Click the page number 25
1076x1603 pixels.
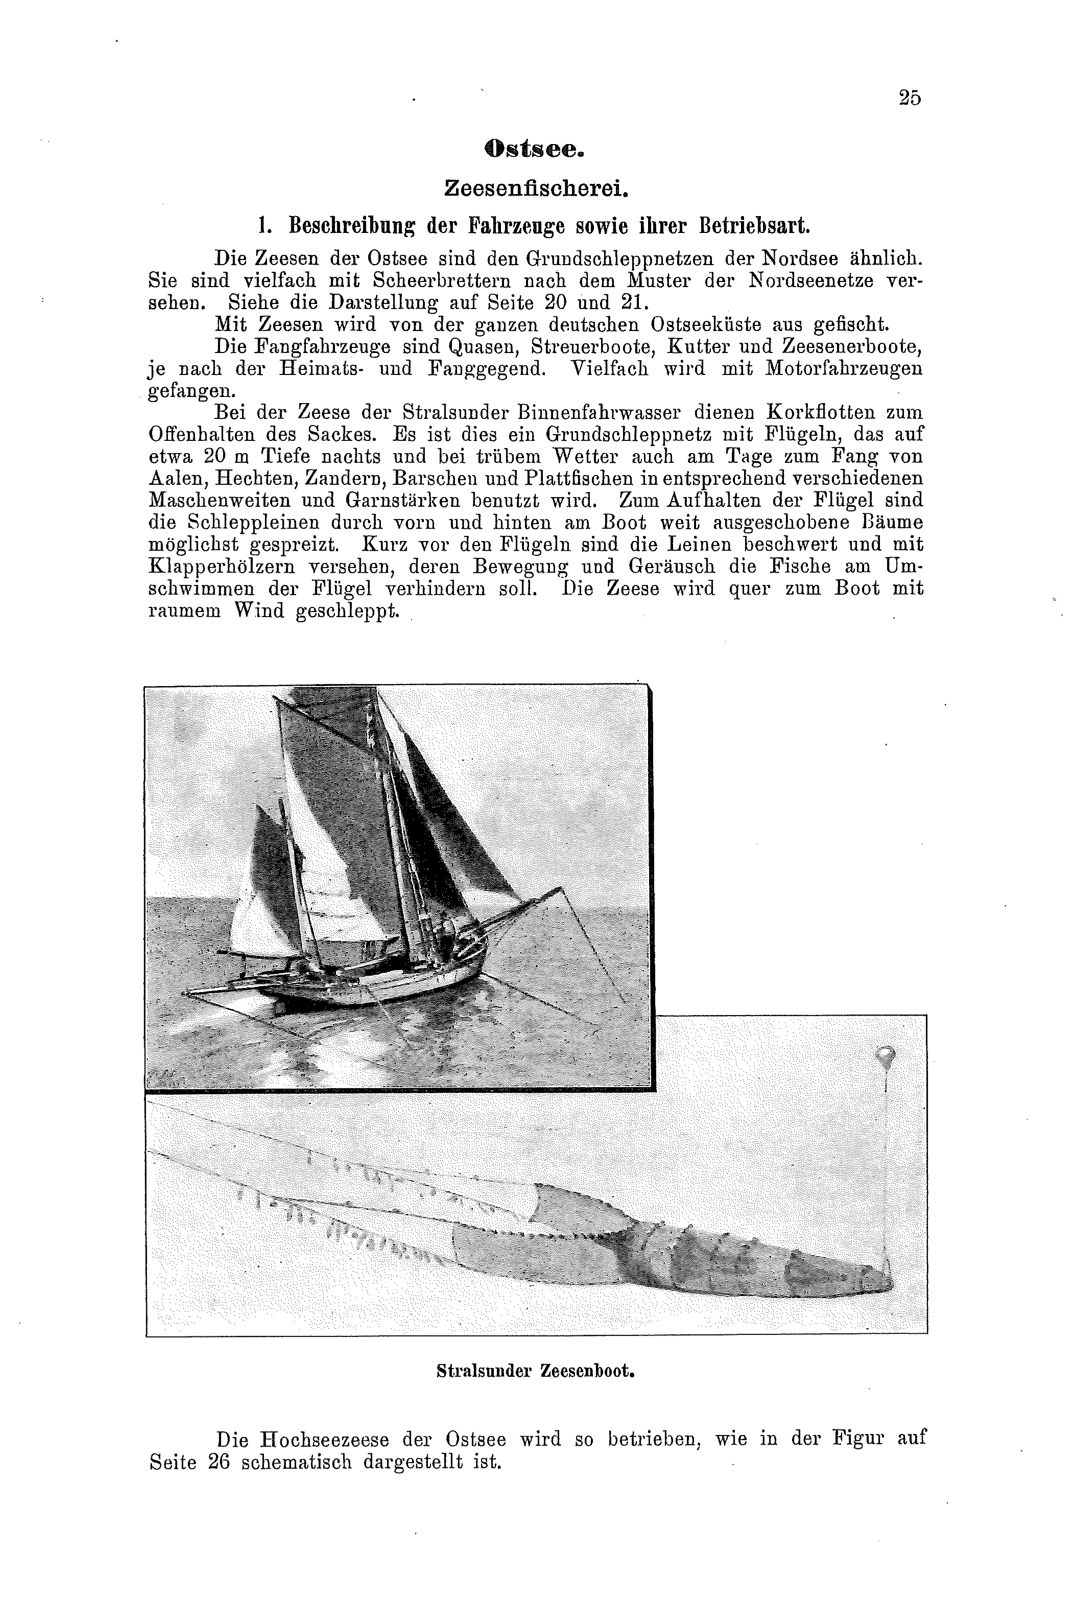tap(908, 98)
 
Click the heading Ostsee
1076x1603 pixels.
tap(534, 150)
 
